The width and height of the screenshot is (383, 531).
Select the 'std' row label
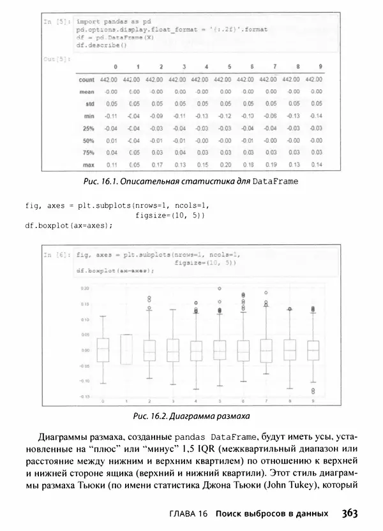pos(89,104)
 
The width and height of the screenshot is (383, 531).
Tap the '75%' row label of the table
pos(88,152)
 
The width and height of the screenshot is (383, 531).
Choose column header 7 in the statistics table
pos(274,67)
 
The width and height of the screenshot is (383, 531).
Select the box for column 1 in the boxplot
pos(126,349)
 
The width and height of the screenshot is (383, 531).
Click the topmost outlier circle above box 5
pos(220,289)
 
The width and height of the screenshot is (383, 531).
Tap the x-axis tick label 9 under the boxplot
pos(312,401)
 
